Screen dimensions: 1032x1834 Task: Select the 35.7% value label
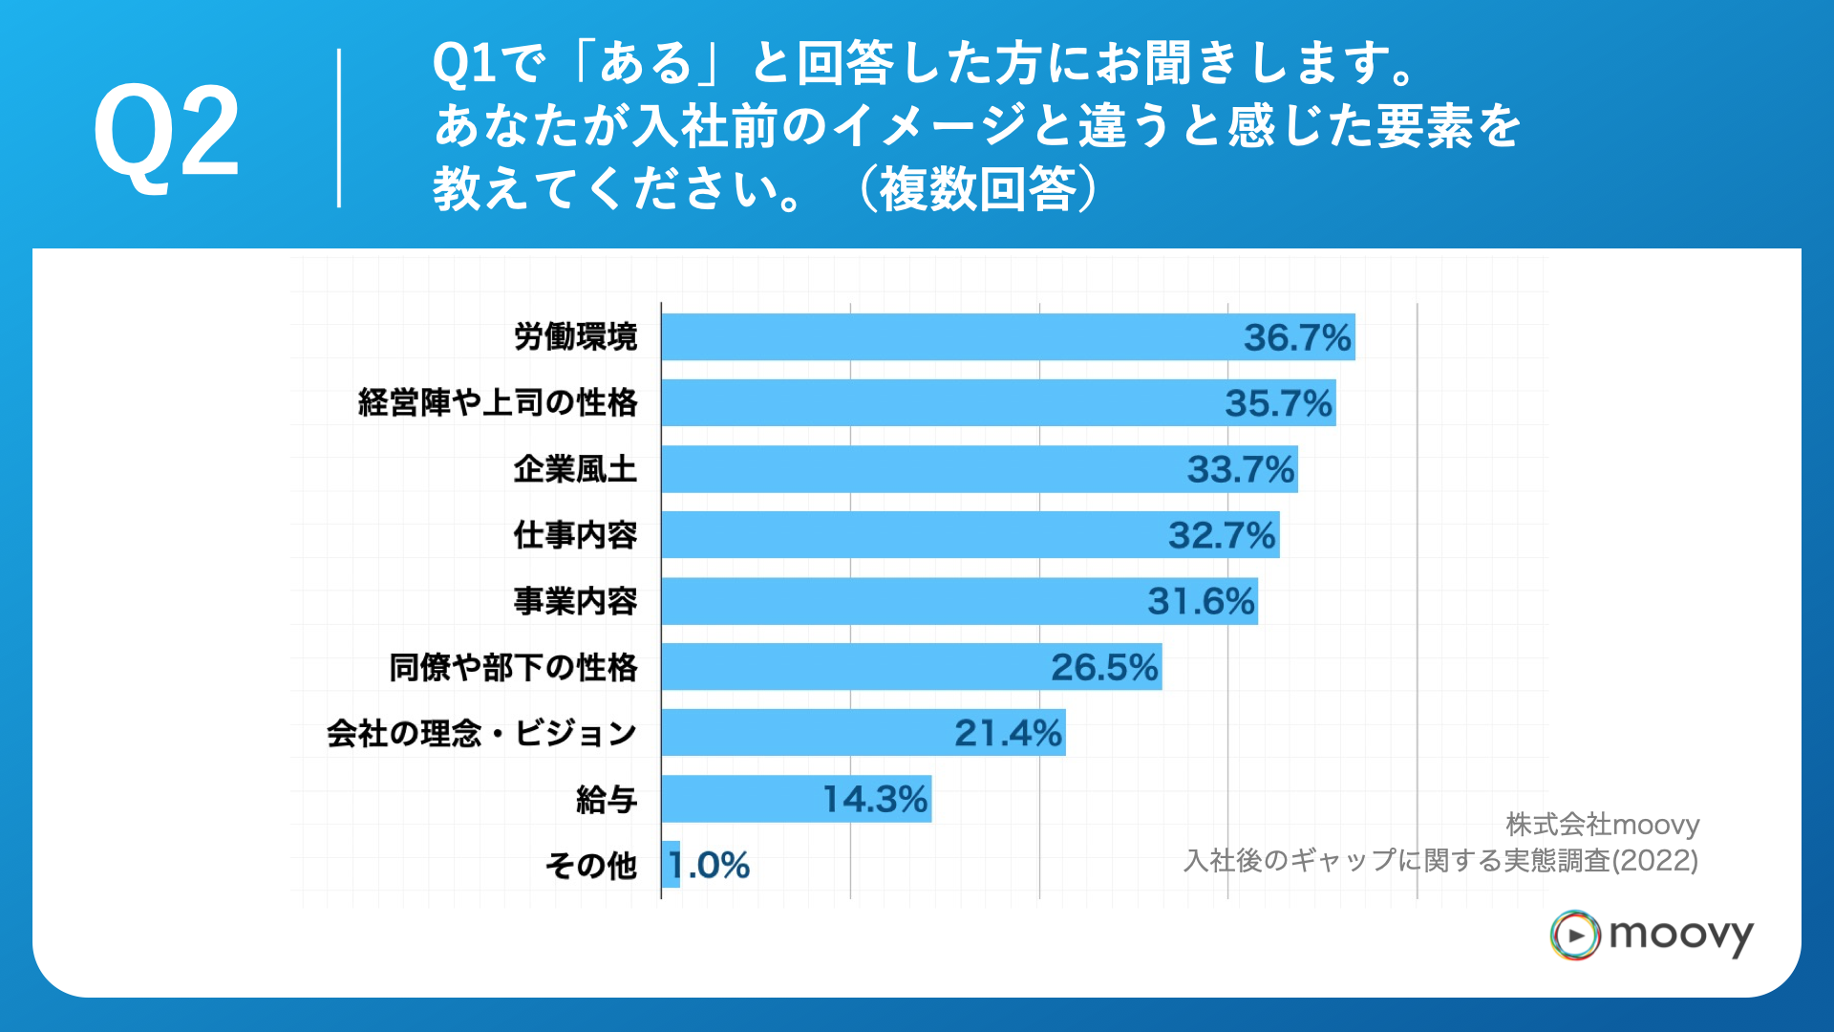(1278, 403)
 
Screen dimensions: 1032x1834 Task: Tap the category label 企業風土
(574, 469)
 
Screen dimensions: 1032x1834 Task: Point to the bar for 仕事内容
(907, 535)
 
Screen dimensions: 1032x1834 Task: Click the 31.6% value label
(1201, 601)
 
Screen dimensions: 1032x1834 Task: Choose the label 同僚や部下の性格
(512, 667)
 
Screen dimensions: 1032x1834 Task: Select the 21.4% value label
(1008, 733)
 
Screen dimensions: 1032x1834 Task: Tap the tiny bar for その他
(671, 865)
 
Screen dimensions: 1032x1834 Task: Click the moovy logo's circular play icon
(1574, 935)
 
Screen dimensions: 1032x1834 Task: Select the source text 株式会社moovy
(1602, 824)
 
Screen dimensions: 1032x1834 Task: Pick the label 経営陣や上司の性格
(497, 403)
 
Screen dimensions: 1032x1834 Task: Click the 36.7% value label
(1296, 337)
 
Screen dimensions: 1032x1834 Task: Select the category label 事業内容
(574, 601)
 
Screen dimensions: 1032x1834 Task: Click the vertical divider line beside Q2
(339, 129)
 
